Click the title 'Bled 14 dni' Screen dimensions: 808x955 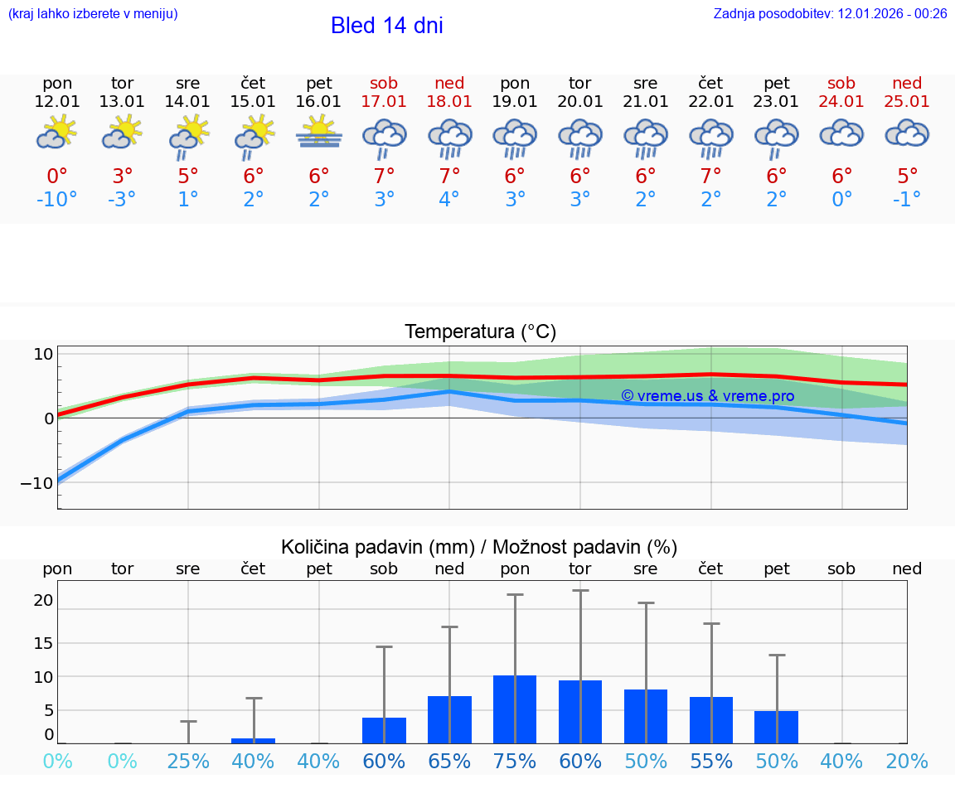click(386, 26)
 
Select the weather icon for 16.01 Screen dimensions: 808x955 click(319, 133)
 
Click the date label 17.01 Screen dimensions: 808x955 click(384, 101)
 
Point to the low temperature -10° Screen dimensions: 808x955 click(57, 199)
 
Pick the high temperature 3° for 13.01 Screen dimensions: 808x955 click(122, 176)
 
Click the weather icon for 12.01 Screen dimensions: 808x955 click(57, 133)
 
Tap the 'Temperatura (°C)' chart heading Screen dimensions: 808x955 click(480, 332)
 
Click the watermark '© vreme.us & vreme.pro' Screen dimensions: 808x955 click(707, 396)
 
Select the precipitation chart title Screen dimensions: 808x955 click(479, 547)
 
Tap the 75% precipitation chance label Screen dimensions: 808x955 click(515, 762)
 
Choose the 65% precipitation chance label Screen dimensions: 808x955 click(449, 762)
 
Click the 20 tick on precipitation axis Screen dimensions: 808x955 click(43, 600)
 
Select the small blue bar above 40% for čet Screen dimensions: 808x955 click(254, 740)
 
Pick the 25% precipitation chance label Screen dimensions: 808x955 click(188, 762)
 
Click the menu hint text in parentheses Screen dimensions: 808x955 click(93, 13)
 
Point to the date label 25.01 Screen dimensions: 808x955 click(907, 101)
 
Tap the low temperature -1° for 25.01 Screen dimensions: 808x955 click(907, 199)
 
